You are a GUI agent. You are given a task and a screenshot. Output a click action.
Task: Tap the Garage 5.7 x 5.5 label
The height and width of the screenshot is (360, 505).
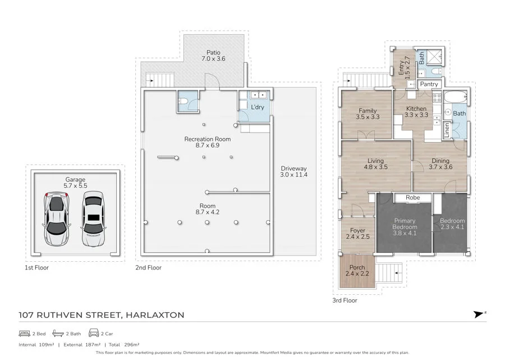[76, 183]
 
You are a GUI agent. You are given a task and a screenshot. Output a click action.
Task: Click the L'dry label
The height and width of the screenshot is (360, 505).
[258, 107]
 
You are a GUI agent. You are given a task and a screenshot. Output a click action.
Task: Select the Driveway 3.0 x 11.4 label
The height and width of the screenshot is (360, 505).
[294, 171]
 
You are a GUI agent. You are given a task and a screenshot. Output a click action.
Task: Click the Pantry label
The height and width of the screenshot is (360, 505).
[429, 84]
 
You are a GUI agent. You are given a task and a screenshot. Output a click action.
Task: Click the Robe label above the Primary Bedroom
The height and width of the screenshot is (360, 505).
[413, 198]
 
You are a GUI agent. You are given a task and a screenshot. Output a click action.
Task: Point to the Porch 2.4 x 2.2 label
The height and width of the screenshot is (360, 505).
[357, 270]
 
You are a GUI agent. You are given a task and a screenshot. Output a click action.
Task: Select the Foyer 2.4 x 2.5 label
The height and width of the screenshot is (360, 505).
[357, 234]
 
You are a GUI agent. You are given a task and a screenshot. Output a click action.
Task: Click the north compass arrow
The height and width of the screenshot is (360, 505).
[478, 315]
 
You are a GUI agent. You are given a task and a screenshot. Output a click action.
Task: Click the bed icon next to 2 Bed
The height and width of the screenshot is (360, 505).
[23, 334]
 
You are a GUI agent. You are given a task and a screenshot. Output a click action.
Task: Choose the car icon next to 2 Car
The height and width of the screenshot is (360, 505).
[94, 334]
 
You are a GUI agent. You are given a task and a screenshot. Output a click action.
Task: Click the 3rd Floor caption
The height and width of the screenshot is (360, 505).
[345, 300]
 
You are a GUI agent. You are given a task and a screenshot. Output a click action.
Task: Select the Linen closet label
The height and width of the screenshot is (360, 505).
[447, 130]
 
